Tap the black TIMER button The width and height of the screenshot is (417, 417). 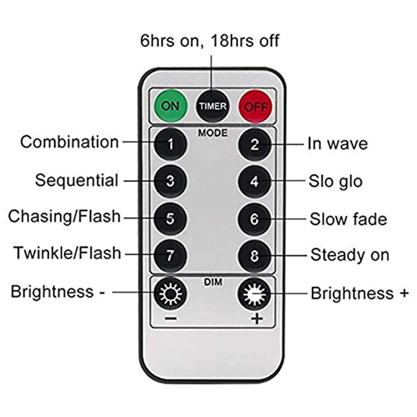point(213,106)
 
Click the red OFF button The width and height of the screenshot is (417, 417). point(256,107)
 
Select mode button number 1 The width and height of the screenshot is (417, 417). point(171,144)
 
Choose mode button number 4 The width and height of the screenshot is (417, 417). point(255,182)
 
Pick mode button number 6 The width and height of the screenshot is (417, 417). point(255,219)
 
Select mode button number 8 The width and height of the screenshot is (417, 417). point(255,256)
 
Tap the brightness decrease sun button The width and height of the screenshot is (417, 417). point(171,294)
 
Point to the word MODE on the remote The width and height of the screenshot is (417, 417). point(213,133)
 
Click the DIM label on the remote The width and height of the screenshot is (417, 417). point(213,282)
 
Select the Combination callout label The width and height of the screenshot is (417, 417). point(69,142)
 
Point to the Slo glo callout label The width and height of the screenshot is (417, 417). point(335,182)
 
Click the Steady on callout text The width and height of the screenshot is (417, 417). point(350,255)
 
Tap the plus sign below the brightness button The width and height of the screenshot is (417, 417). point(257,319)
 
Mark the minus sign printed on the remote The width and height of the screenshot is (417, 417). point(171,318)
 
